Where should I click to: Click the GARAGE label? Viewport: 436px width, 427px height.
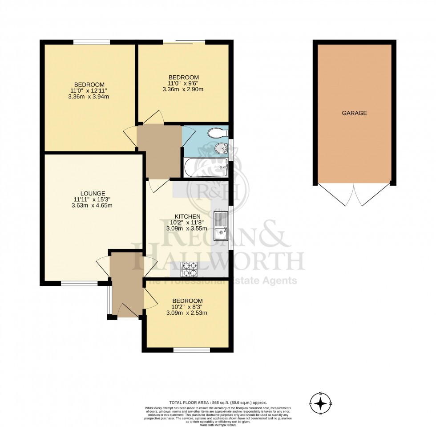pyautogui.click(x=354, y=113)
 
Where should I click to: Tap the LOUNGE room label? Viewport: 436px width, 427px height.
pyautogui.click(x=90, y=193)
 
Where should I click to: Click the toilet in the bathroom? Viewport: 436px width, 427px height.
pyautogui.click(x=219, y=132)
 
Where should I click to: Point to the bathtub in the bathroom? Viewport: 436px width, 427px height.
pyautogui.click(x=206, y=168)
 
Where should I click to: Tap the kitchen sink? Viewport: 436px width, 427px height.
pyautogui.click(x=221, y=226)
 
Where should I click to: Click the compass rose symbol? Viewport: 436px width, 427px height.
pyautogui.click(x=320, y=404)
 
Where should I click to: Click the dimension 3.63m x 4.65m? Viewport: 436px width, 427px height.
pyautogui.click(x=90, y=205)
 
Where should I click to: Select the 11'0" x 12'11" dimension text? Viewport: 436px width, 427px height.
pyautogui.click(x=89, y=90)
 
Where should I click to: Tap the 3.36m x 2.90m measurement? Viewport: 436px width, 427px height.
pyautogui.click(x=183, y=89)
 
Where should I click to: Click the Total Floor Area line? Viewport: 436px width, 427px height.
pyautogui.click(x=218, y=403)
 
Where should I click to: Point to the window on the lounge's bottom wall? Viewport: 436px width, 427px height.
pyautogui.click(x=79, y=283)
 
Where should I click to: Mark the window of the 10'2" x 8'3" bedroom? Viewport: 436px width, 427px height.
pyautogui.click(x=191, y=350)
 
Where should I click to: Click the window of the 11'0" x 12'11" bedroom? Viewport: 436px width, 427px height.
pyautogui.click(x=92, y=42)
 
